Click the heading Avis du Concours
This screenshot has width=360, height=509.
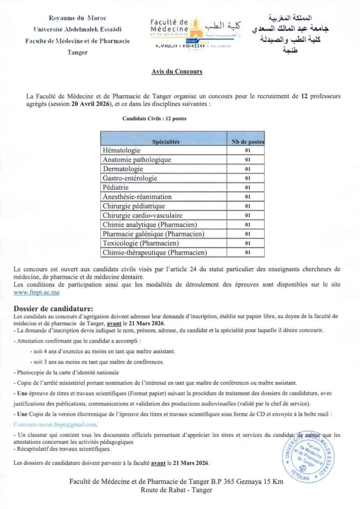pyautogui.click(x=177, y=71)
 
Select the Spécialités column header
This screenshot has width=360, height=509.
pyautogui.click(x=166, y=142)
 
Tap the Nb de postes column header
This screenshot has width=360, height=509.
pyautogui.click(x=247, y=142)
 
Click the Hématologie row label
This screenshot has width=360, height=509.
pyautogui.click(x=121, y=150)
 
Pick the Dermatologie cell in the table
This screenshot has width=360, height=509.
pyautogui.click(x=123, y=169)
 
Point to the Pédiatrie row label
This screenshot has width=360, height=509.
pyautogui.click(x=115, y=188)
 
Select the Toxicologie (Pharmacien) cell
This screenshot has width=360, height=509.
pyautogui.click(x=141, y=243)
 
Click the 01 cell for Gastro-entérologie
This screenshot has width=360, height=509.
pyautogui.click(x=248, y=178)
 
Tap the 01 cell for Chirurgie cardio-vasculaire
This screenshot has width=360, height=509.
pyautogui.click(x=248, y=215)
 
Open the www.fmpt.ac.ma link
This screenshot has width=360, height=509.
pyautogui.click(x=36, y=293)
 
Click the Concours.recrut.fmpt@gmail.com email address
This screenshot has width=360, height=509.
pyautogui.click(x=55, y=424)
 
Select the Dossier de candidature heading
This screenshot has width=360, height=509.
pyautogui.click(x=53, y=309)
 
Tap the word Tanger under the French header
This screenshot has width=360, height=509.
pyautogui.click(x=77, y=52)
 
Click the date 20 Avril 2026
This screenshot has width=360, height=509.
pyautogui.click(x=90, y=104)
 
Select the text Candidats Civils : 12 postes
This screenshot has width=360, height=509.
pyautogui.click(x=154, y=119)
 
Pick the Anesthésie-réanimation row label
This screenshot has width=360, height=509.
pyautogui.click(x=137, y=197)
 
